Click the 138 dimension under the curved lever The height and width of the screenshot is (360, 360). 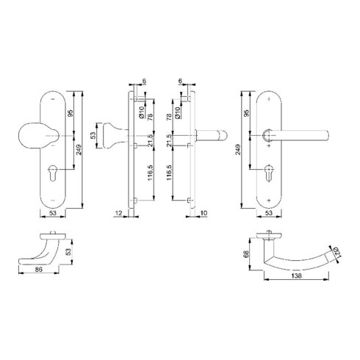297,276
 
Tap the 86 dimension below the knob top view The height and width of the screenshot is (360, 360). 39,270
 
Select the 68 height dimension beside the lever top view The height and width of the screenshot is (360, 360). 247,254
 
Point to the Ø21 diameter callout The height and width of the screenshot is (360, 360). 337,253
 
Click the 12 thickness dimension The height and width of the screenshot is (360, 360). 118,213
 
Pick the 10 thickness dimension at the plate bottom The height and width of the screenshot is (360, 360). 204,213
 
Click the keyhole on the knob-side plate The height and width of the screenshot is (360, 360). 53,173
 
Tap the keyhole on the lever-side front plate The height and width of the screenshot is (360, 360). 269,173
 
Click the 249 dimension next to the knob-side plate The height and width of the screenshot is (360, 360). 79,150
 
